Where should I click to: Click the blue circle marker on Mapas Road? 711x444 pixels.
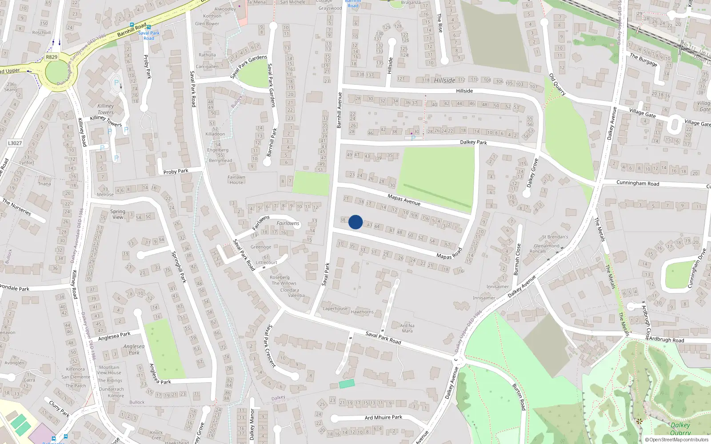click(x=355, y=222)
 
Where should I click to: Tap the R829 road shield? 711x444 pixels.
click(x=52, y=57)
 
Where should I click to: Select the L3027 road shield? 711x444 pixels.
click(x=15, y=143)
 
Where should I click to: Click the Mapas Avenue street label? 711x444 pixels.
click(x=403, y=200)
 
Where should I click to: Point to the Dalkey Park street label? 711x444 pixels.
click(x=473, y=142)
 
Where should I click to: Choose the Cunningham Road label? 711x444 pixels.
click(x=638, y=183)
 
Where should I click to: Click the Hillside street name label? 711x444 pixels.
click(x=464, y=91)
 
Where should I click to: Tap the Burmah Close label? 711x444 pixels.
click(x=517, y=259)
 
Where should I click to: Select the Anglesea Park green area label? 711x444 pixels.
click(x=134, y=349)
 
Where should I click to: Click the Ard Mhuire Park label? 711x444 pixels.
click(x=383, y=417)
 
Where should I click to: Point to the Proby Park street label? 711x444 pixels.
click(x=176, y=171)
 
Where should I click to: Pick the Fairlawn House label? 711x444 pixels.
click(x=236, y=179)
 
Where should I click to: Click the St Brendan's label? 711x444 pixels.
click(x=555, y=237)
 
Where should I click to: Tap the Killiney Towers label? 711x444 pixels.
click(x=106, y=109)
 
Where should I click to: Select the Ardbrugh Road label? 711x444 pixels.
click(x=667, y=340)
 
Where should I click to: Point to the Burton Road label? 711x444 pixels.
click(x=519, y=397)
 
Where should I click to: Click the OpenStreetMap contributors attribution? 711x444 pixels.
click(x=676, y=440)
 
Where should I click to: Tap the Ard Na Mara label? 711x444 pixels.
click(x=407, y=328)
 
